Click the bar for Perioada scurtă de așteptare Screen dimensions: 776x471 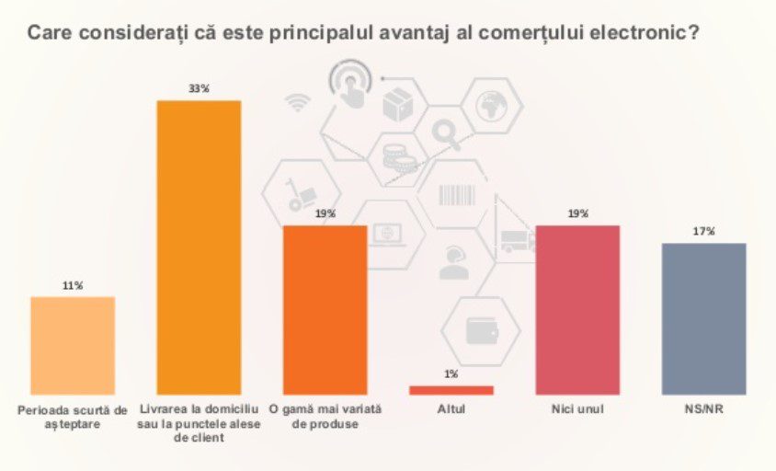[x=73, y=346]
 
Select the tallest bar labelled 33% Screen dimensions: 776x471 [x=199, y=247]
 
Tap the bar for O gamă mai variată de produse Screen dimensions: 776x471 [x=325, y=310]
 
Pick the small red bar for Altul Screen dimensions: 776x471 [x=451, y=390]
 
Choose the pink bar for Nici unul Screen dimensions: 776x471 [x=577, y=310]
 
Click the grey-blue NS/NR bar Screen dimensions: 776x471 [x=703, y=319]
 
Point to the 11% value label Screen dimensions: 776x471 [x=73, y=286]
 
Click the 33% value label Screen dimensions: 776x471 [x=199, y=88]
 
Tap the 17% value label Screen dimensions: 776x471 [x=703, y=231]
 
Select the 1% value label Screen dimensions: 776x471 [x=451, y=373]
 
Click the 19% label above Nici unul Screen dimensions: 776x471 [x=578, y=213]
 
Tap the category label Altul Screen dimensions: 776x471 [x=451, y=409]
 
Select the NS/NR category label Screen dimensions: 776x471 [x=703, y=409]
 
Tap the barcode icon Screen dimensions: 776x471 [x=457, y=195]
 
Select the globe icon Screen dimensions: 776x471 [x=491, y=106]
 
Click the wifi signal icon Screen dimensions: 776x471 [x=297, y=102]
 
